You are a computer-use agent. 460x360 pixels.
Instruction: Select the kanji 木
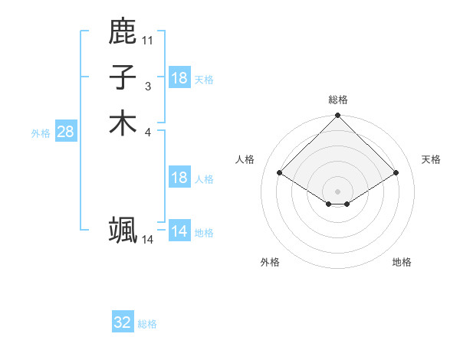pyautogui.click(x=123, y=124)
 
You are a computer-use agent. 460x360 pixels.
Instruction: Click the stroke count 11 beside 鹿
pyautogui.click(x=147, y=40)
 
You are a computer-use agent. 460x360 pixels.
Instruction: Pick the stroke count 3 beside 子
pyautogui.click(x=147, y=87)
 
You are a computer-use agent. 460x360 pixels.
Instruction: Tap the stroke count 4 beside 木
pyautogui.click(x=147, y=133)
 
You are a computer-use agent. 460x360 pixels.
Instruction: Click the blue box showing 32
pyautogui.click(x=123, y=323)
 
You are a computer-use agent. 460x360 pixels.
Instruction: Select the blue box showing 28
pyautogui.click(x=65, y=132)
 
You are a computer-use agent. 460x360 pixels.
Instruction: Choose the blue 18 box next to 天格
pyautogui.click(x=179, y=78)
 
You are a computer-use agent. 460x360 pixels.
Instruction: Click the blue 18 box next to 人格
pyautogui.click(x=179, y=178)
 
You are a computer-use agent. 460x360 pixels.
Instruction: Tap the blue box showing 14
pyautogui.click(x=179, y=231)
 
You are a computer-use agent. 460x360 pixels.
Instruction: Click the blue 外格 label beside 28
pyautogui.click(x=41, y=133)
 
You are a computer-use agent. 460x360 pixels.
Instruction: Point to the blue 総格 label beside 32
pyautogui.click(x=147, y=324)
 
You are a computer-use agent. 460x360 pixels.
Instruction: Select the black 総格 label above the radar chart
pyautogui.click(x=338, y=100)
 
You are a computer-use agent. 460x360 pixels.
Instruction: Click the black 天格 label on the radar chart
pyautogui.click(x=432, y=159)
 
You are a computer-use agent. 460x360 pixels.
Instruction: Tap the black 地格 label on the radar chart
pyautogui.click(x=402, y=262)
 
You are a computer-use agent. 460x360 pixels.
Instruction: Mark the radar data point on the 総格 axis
pyautogui.click(x=338, y=116)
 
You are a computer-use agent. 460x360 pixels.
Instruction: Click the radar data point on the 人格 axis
pyautogui.click(x=280, y=173)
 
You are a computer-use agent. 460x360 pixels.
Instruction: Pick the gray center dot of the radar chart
pyautogui.click(x=338, y=191)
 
